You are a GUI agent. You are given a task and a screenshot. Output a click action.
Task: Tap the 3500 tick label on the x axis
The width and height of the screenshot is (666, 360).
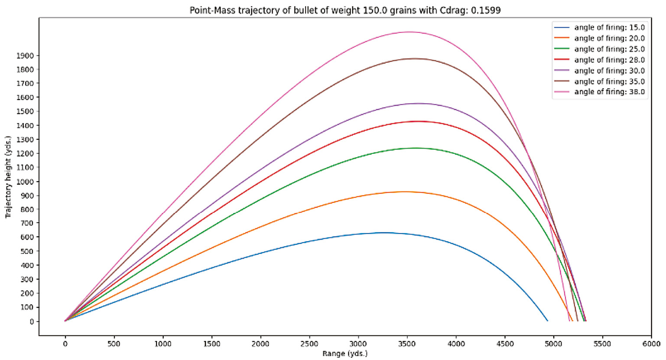coord(407,344)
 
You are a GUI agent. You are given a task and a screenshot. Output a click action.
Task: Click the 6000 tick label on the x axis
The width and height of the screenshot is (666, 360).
coord(651,344)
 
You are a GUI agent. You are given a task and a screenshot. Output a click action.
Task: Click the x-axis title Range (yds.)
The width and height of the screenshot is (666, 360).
coord(345,354)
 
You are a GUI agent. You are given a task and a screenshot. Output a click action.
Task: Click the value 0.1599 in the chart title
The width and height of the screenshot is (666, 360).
coord(487,10)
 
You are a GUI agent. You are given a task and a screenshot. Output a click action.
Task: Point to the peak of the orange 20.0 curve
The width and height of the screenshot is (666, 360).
coord(405,191)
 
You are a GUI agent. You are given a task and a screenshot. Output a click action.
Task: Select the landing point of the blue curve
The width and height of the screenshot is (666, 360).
coord(548,321)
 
